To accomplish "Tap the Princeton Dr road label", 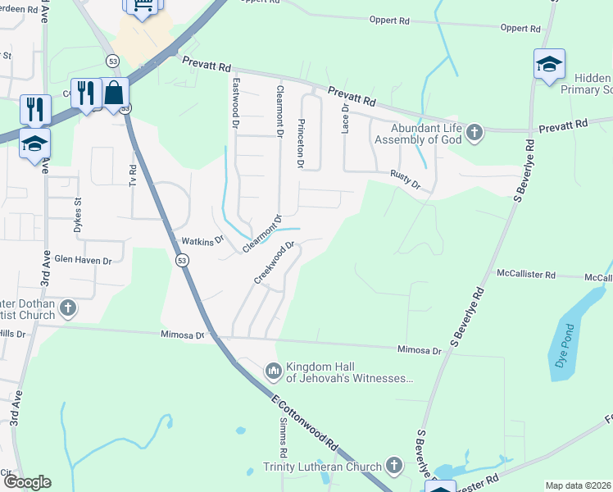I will click(301, 143).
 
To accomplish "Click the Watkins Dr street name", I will click(202, 241).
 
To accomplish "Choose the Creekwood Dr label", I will click(274, 262).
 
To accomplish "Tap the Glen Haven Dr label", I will click(82, 259).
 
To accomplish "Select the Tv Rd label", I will click(133, 175).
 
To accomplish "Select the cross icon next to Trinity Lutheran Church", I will click(393, 467).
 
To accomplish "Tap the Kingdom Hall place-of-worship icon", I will click(273, 372).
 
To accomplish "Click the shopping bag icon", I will click(114, 93).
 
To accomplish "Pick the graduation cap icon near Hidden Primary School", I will click(548, 64).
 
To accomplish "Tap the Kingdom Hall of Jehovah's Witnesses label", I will click(349, 372).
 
